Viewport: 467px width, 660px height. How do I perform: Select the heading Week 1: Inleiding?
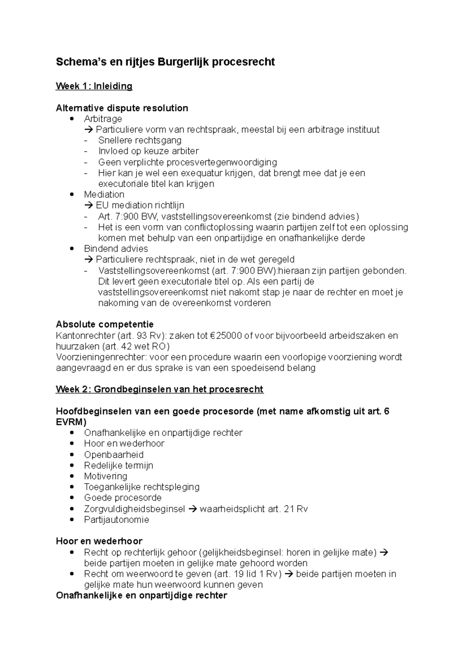(x=94, y=86)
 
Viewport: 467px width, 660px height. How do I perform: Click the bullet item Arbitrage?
(x=103, y=119)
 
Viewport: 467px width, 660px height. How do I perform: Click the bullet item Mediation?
(x=104, y=194)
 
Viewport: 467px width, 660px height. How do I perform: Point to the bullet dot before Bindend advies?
(x=71, y=249)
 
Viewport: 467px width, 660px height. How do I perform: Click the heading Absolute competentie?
(x=105, y=325)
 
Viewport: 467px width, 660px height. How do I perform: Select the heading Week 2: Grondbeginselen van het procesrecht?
(x=160, y=389)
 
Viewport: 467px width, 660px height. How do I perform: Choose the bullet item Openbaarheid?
(x=114, y=455)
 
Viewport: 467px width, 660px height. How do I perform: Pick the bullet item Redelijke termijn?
(x=118, y=466)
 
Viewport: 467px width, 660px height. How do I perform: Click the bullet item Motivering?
(x=105, y=476)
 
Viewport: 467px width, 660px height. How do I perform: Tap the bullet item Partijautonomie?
(x=116, y=520)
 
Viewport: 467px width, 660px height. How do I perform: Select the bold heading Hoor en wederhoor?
(x=99, y=541)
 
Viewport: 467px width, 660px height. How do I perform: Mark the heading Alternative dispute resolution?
(x=122, y=108)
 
